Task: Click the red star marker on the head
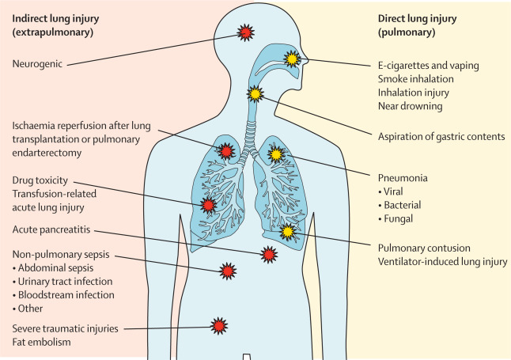coord(246,32)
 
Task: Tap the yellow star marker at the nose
coord(292,59)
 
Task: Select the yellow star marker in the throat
coord(255,94)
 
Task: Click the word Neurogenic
coord(38,63)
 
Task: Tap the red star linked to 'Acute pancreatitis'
coord(269,254)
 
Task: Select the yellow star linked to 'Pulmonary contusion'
coord(287,232)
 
